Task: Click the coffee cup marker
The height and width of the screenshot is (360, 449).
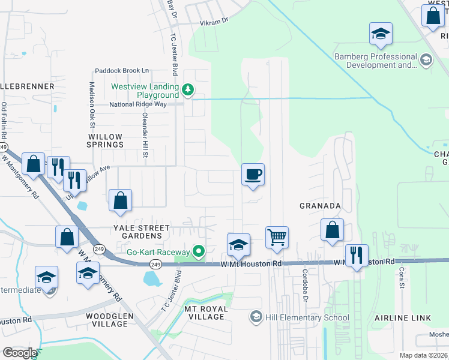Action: [253, 175]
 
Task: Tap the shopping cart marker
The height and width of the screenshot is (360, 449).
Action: [277, 238]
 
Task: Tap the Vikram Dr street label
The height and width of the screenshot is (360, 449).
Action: [214, 20]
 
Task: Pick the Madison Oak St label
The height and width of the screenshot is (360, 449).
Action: [92, 105]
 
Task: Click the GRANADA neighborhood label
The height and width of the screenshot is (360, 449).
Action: [320, 206]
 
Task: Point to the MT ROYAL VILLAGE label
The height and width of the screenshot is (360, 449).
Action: [206, 313]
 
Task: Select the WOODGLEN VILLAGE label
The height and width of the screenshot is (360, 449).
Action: [98, 320]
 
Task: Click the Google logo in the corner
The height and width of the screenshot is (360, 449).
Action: [20, 353]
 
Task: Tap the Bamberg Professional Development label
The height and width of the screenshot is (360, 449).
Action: [375, 61]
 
